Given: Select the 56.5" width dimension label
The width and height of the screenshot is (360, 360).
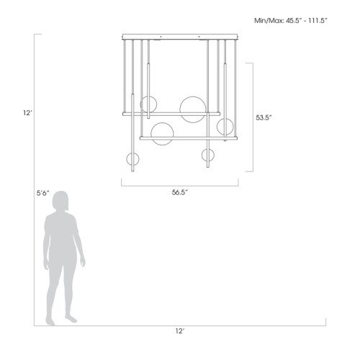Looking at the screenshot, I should point(180,192).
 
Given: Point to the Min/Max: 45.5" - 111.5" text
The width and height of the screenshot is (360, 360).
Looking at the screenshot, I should point(292,21).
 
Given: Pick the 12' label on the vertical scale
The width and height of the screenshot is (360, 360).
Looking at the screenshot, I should point(27,112).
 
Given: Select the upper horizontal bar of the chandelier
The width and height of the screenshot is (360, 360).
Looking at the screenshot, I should point(171,113).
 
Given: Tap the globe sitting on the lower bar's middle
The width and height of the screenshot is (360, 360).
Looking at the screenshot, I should point(162,134).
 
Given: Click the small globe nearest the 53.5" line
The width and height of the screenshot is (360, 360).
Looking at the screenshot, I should point(225,127).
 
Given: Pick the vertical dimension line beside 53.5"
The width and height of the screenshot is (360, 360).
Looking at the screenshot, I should point(251,117).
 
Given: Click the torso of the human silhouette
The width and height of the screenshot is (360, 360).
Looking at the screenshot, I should point(62,238).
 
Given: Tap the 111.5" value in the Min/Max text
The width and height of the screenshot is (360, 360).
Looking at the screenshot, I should point(315,21).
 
